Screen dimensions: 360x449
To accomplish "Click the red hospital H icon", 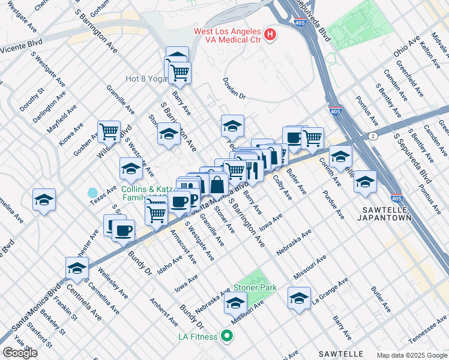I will (270, 35).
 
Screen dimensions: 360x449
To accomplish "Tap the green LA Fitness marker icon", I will (226, 336).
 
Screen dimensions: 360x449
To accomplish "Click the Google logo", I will (20, 353).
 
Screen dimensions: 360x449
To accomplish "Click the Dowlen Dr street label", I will (234, 87).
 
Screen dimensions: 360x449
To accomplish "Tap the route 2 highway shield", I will (373, 136).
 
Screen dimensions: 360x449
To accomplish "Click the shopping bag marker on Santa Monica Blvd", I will (217, 185).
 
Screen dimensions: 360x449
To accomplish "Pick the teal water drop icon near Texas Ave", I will (92, 193).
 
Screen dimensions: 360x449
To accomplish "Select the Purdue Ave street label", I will (333, 206).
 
